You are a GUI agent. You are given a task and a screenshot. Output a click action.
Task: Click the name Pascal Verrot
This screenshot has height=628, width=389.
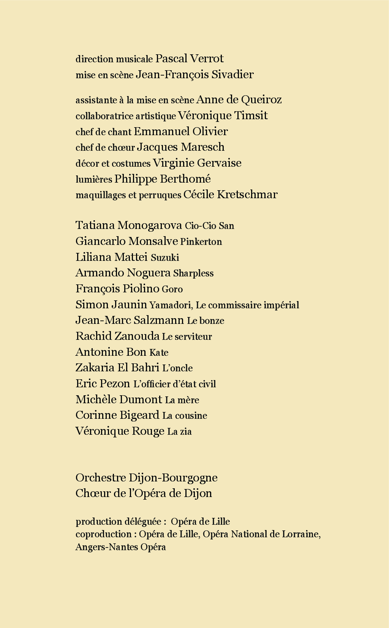click(x=189, y=58)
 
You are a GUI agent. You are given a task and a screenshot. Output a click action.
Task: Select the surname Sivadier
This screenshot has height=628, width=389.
click(x=232, y=74)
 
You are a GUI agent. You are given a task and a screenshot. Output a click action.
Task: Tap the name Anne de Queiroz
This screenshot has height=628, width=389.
click(x=239, y=99)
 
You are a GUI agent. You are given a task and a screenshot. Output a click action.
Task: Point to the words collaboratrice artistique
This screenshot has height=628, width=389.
click(x=126, y=116)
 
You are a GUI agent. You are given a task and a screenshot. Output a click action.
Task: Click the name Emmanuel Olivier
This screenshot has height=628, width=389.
click(x=181, y=131)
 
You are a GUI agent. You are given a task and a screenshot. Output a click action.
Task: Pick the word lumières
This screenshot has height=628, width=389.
click(x=94, y=179)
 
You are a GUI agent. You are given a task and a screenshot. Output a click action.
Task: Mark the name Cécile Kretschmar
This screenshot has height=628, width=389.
click(x=231, y=194)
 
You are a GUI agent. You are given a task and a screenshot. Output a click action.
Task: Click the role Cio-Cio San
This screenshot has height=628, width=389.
click(x=209, y=226)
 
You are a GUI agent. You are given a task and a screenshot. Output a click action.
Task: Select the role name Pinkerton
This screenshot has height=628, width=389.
click(x=201, y=242)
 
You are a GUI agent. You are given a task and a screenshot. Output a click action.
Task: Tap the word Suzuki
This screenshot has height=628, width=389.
click(x=165, y=258)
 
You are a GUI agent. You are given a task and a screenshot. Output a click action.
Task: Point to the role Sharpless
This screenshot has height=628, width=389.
click(x=193, y=273)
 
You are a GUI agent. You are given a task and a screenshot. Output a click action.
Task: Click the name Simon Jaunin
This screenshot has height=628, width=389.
click(x=111, y=305)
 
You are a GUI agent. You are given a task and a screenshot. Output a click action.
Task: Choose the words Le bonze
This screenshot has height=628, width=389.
click(x=206, y=321)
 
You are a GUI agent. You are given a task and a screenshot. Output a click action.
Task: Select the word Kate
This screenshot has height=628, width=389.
click(x=159, y=353)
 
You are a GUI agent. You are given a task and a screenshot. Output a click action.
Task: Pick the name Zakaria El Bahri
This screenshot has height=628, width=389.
click(x=117, y=368)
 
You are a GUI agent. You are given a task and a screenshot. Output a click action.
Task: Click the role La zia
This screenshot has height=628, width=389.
click(x=179, y=432)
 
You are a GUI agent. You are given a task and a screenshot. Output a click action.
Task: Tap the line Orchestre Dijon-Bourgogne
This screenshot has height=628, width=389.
click(x=147, y=478)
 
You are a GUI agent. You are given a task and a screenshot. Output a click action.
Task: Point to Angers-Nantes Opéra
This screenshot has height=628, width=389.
click(x=121, y=547)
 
